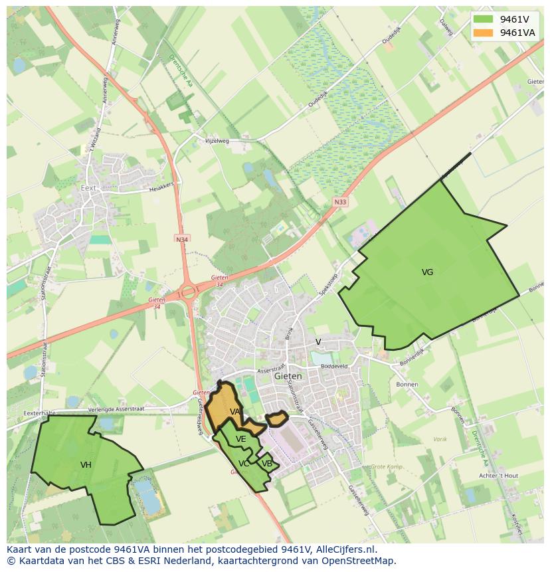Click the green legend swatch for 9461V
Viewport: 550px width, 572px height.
[x=484, y=19]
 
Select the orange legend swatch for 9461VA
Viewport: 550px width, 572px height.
[x=484, y=33]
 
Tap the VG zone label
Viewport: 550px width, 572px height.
[x=427, y=272]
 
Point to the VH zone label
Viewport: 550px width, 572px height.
[x=86, y=465]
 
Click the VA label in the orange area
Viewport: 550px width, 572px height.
[x=234, y=412]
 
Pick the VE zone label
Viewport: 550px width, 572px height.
[x=240, y=439]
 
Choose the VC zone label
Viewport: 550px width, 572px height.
[x=244, y=464]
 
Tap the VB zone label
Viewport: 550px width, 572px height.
[x=266, y=464]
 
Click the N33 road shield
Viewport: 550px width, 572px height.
[x=340, y=202]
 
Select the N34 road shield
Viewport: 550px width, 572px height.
[x=181, y=238]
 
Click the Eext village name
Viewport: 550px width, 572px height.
[x=88, y=188]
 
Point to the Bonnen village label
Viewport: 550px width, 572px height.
[x=407, y=385]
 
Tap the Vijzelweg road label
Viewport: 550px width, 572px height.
[x=217, y=141]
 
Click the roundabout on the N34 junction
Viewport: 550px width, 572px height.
[x=189, y=291]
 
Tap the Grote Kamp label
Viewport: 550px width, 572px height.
[x=386, y=467]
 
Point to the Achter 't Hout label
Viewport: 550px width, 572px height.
[x=498, y=476]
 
